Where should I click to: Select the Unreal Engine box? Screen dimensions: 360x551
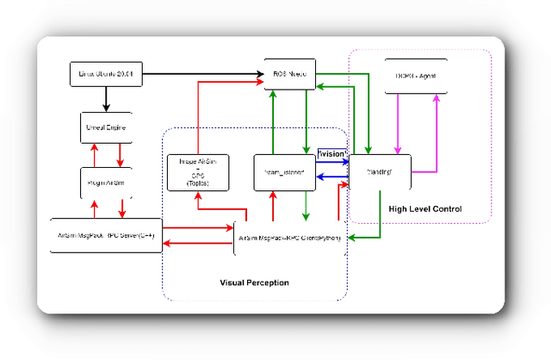click(107, 127)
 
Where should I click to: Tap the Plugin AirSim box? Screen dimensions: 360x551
click(107, 182)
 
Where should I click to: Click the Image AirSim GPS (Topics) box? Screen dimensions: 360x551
click(198, 173)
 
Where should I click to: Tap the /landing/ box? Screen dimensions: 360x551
click(380, 171)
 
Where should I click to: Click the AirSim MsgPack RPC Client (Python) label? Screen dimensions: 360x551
click(290, 238)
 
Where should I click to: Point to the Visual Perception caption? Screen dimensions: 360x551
click(255, 282)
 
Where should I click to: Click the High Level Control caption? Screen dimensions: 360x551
click(425, 209)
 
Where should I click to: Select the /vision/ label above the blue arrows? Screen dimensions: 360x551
click(332, 153)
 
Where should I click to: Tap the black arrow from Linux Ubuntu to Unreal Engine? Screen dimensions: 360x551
click(106, 98)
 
